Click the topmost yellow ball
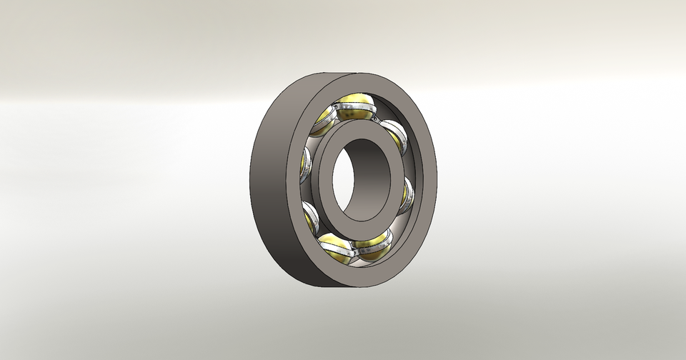point(354,102)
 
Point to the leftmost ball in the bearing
point(305,166)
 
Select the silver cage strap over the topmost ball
point(355,108)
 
